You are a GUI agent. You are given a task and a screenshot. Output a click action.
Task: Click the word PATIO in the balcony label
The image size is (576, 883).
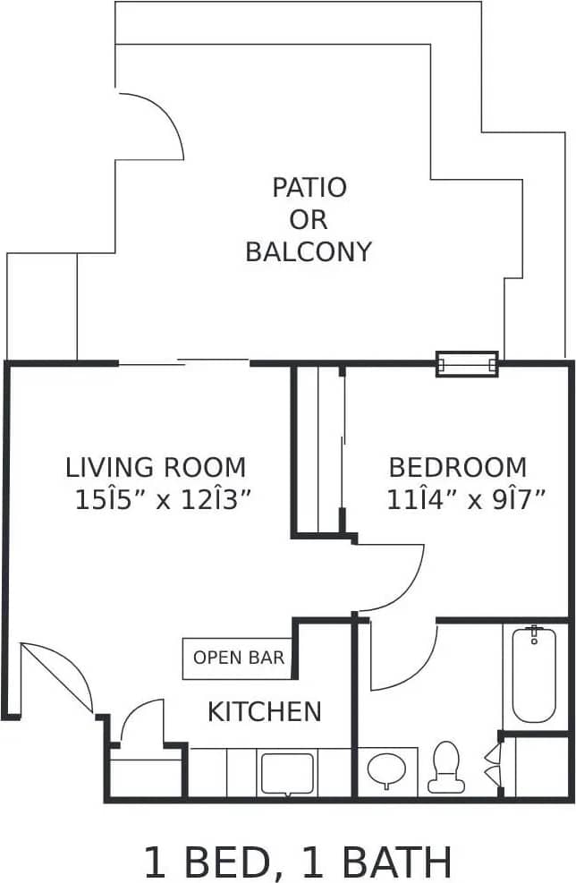point(309,188)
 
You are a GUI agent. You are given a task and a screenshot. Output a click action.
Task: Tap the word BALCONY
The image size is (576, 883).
point(308,251)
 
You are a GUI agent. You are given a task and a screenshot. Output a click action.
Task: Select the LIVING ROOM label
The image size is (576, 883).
point(156,467)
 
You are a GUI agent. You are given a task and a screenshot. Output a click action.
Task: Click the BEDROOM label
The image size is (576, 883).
point(457,467)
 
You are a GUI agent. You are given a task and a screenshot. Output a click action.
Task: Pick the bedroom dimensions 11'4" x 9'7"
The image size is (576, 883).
point(465,499)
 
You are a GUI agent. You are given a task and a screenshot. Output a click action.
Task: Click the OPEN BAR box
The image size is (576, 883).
point(239,658)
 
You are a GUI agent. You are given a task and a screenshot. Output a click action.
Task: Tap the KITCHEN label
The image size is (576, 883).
point(264,711)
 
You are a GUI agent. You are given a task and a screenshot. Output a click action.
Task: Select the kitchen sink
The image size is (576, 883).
point(286,773)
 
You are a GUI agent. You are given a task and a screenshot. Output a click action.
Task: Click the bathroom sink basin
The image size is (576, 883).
point(385,769)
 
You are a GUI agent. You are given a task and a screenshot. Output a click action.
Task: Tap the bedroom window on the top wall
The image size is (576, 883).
point(466,364)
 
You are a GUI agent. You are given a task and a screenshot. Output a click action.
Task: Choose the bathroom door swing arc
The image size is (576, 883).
point(402,658)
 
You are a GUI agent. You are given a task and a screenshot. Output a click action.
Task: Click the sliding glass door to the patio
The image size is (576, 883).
point(183,362)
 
